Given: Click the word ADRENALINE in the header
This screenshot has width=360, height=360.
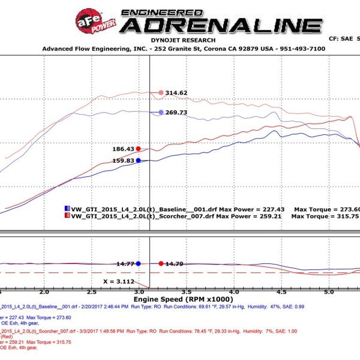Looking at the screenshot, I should click(221, 26).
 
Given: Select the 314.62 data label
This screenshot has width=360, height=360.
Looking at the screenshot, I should click(177, 93).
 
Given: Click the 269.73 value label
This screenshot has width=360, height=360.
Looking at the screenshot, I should click(176, 112).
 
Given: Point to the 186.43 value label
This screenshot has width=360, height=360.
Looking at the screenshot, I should click(123, 149).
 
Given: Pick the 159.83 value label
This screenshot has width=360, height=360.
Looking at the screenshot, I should click(123, 161).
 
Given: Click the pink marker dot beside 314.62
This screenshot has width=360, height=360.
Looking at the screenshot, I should click(161, 92).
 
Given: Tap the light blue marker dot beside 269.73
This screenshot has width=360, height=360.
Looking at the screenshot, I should click(161, 112).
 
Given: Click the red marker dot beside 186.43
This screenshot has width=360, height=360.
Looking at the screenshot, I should click(139, 149).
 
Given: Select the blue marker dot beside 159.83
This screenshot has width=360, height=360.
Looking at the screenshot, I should click(139, 160).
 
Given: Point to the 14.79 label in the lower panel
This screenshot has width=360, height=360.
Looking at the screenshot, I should click(175, 263).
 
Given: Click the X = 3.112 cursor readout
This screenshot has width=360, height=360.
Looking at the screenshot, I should click(118, 281).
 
